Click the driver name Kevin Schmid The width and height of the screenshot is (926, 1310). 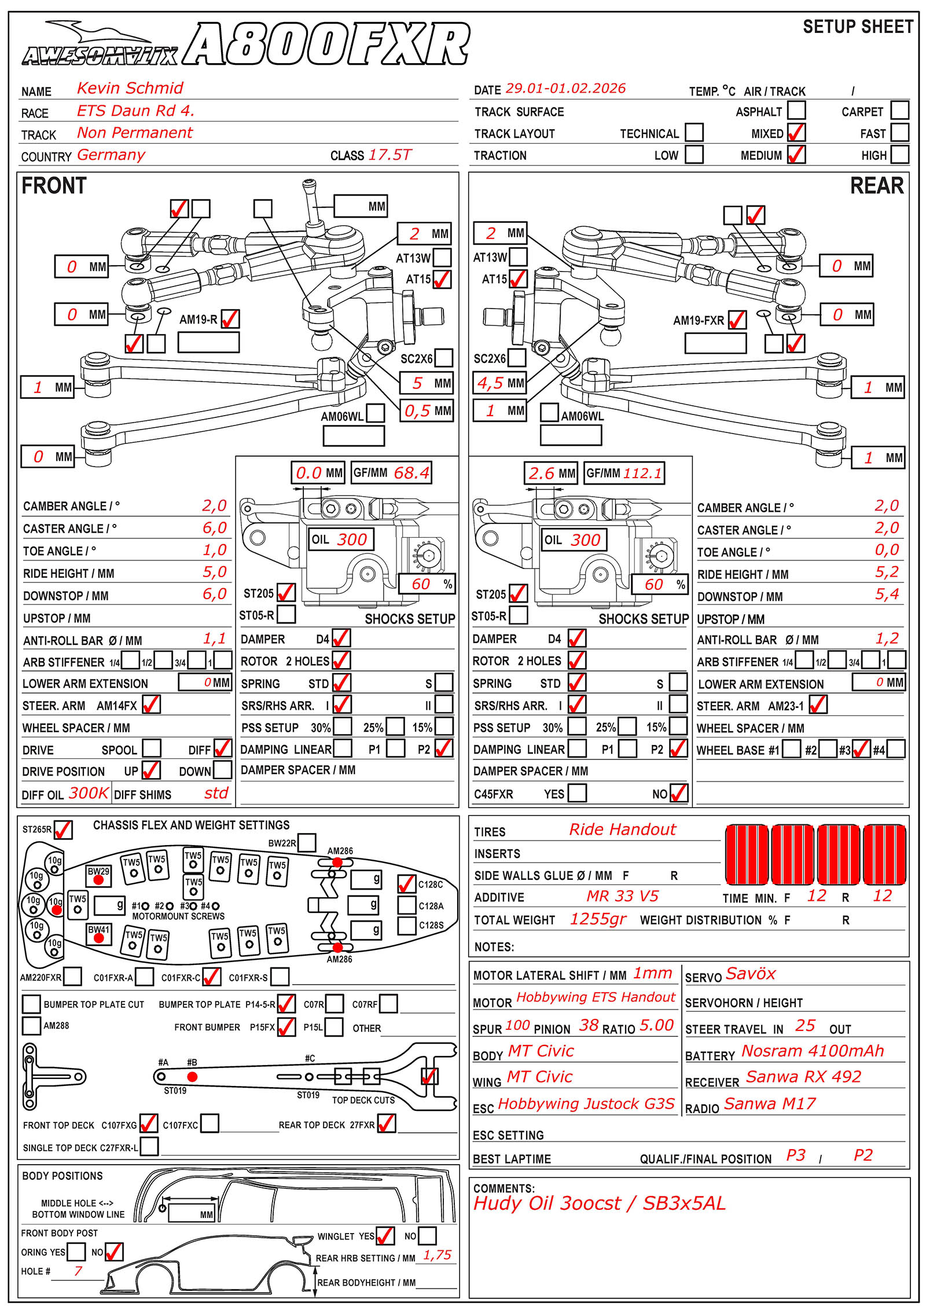pos(130,88)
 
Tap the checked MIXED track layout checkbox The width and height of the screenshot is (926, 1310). pos(796,133)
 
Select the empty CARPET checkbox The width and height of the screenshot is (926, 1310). pos(899,110)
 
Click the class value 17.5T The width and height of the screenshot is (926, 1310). pos(390,155)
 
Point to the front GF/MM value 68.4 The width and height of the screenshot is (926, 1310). pos(411,473)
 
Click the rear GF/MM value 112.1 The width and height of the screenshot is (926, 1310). pos(642,473)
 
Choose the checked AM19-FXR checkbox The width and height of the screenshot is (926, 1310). pos(737,320)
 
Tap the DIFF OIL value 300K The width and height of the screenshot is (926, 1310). pos(89,793)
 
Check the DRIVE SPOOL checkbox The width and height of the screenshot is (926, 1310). pos(152,748)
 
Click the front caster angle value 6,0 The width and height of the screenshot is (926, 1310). pos(214,528)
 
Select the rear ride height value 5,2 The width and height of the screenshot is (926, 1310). pos(887,572)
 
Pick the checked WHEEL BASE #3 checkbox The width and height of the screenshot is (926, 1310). pos(861,749)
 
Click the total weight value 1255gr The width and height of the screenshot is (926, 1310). pos(598,919)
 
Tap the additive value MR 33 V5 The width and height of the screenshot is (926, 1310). pos(622,897)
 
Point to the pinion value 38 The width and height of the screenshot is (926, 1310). pos(589,1026)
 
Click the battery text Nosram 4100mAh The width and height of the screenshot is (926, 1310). pos(813,1051)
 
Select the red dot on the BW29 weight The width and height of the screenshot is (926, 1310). pos(98,880)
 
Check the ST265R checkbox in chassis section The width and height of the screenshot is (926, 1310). pos(63,830)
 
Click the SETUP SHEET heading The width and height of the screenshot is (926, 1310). pos(858,27)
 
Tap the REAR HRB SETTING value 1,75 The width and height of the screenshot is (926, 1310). pos(437,1255)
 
